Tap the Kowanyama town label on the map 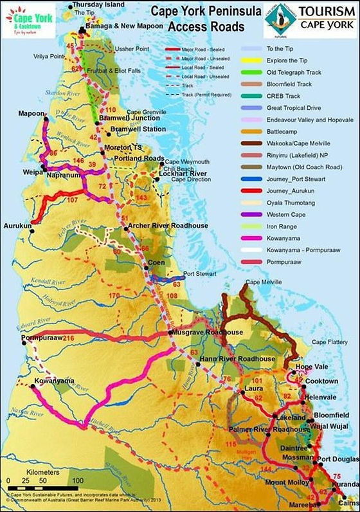point(52,381)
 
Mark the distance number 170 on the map point(114,295)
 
